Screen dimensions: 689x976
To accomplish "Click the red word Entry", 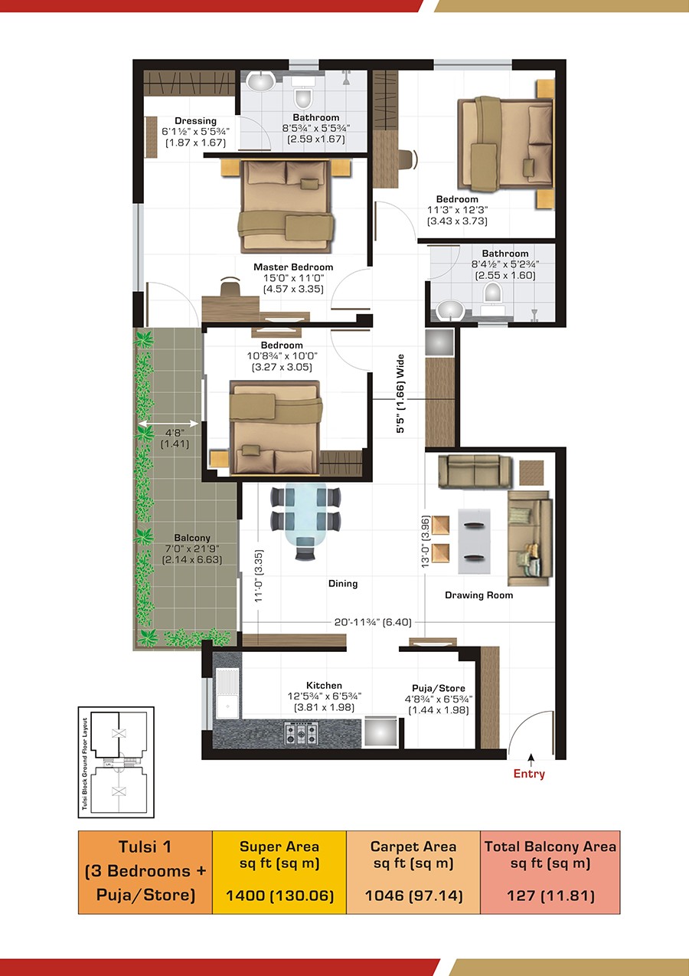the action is coord(529,774).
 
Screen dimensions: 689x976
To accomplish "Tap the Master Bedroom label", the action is coord(293,267).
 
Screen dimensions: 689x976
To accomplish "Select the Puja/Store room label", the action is coord(439,689).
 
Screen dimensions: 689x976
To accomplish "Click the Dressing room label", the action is coord(195,121).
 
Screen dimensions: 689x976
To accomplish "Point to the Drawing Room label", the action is coord(478,595).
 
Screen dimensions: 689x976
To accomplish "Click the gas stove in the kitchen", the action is coord(301,733).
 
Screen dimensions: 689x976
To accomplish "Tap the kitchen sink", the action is coord(227,694).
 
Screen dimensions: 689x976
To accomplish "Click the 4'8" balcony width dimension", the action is coord(175,433).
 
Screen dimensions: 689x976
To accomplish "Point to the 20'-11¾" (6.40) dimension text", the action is coord(373,622).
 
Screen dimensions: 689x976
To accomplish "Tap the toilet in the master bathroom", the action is coord(303,96).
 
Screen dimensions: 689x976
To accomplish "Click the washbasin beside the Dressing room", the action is coord(260,81).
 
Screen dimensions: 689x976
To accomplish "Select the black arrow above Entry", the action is coord(531,759).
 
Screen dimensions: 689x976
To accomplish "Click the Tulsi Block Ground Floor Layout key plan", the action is coord(116,763).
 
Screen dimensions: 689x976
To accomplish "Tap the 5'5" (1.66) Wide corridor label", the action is coord(400,394).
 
